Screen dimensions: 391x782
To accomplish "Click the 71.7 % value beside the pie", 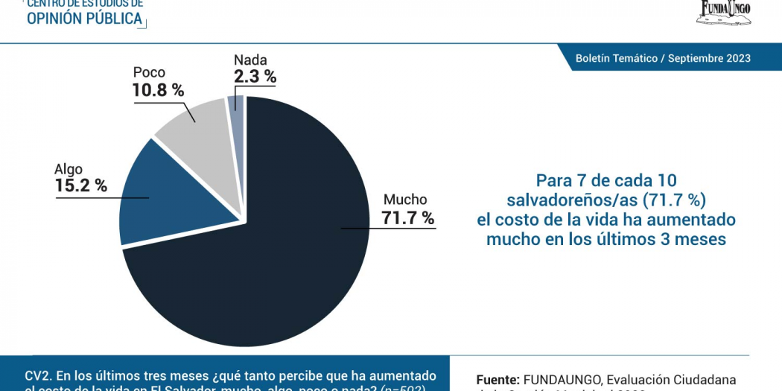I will click(x=407, y=218).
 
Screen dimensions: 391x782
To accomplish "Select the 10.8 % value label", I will click(x=158, y=90).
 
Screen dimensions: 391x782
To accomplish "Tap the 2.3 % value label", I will click(x=255, y=76).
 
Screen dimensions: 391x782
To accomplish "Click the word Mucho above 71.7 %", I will click(x=405, y=200).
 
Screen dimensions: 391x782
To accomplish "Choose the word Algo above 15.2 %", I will click(x=69, y=169).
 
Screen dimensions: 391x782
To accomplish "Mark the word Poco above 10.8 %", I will click(x=149, y=73).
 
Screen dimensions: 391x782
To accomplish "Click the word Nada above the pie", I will click(x=250, y=60).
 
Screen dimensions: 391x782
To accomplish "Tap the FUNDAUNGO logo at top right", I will click(x=724, y=11).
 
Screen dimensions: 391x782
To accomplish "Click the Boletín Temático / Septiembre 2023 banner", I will click(x=663, y=58).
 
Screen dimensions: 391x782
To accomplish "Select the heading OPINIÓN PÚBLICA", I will click(x=84, y=19).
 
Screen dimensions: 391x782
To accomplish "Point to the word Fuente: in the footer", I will click(x=498, y=380).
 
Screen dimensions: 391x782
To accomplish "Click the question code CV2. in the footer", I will click(x=39, y=376).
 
